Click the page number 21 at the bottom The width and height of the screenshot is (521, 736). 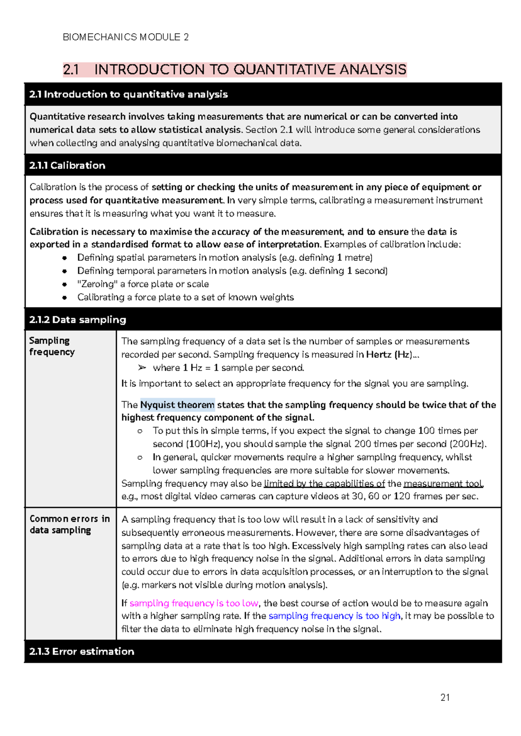[445, 697]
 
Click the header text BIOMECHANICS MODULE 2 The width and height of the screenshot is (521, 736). [125, 37]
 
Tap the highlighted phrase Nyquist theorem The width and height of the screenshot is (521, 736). [177, 405]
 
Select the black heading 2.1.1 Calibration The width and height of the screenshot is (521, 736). [67, 165]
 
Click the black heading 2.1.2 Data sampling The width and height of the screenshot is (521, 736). [78, 320]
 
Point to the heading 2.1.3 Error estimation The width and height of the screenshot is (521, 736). [82, 651]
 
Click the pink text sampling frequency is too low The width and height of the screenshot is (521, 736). [194, 603]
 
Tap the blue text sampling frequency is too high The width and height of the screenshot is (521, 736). [334, 616]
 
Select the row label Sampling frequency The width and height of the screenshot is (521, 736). [52, 346]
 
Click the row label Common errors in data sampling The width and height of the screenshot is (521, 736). [69, 524]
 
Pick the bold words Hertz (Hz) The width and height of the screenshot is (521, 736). [389, 355]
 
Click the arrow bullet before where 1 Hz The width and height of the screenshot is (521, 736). [142, 368]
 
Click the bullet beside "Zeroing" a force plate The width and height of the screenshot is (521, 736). [64, 284]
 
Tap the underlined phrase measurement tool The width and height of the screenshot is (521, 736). [443, 484]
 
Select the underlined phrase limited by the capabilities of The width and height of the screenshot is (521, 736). [324, 484]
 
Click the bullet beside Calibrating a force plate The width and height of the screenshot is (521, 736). [64, 298]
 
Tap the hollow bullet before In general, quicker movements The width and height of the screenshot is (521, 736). [140, 458]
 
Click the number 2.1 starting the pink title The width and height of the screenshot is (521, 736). [71, 70]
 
